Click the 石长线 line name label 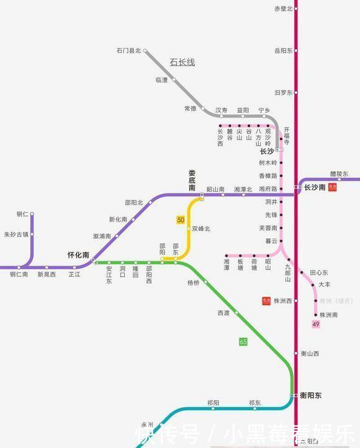(182, 62)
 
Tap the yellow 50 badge (181, 220)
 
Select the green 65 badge (243, 341)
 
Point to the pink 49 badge (316, 325)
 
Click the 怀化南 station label (78, 255)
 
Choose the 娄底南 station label (192, 180)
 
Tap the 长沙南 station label (315, 187)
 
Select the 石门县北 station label (128, 51)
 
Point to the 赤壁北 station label (283, 9)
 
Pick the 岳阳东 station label (283, 51)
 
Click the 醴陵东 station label (339, 174)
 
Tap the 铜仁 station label (22, 214)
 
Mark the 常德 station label (190, 109)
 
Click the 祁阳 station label (214, 403)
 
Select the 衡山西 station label (310, 354)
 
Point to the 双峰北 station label (201, 229)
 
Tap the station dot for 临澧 (174, 79)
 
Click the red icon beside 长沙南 (332, 187)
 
